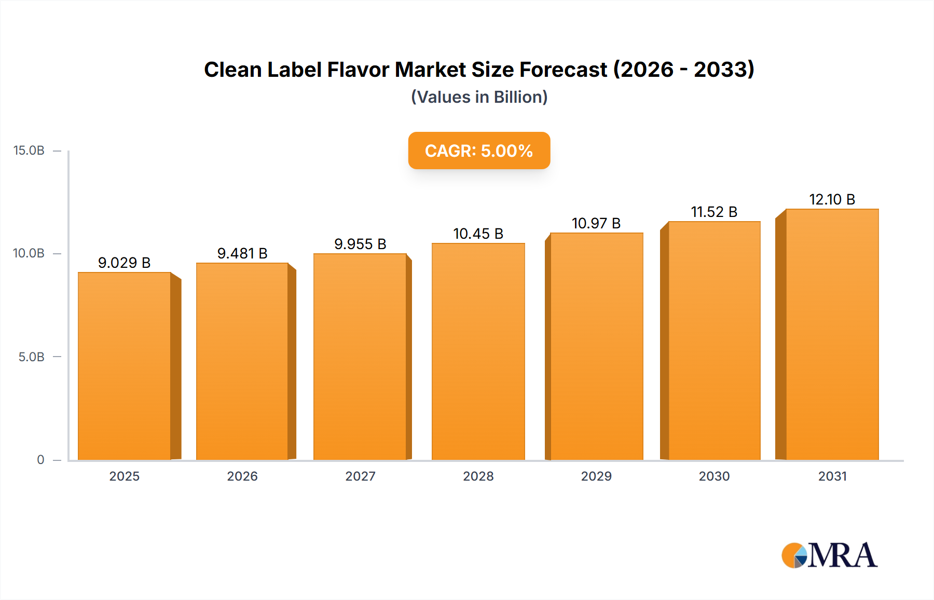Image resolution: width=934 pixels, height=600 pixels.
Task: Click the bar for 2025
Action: (125, 366)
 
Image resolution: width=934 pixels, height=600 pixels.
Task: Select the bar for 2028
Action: (478, 351)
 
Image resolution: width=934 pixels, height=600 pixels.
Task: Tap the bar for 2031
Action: (832, 334)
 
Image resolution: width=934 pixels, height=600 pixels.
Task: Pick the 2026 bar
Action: (242, 361)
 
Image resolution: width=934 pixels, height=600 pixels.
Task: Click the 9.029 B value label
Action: (124, 263)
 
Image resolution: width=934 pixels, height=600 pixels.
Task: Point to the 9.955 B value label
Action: (360, 244)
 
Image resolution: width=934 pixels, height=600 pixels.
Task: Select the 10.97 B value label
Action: (596, 223)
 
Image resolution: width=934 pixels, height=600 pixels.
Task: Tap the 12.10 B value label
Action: (832, 199)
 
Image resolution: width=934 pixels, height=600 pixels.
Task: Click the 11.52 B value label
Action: (714, 212)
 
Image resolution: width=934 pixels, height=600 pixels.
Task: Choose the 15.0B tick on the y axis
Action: (29, 151)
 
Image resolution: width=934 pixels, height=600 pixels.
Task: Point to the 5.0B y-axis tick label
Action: (31, 357)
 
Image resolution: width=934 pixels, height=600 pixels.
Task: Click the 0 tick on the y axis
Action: (40, 460)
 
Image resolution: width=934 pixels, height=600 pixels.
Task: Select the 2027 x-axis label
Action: (360, 476)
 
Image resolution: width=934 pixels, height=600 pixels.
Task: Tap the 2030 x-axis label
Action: (714, 476)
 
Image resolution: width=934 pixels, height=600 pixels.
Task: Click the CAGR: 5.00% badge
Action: (479, 151)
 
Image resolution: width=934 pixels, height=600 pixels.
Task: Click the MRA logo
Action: (829, 555)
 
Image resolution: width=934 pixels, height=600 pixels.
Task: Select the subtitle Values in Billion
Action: (479, 97)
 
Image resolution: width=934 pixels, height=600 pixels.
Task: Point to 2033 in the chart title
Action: (723, 70)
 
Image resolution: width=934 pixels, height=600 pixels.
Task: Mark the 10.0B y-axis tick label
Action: (29, 253)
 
